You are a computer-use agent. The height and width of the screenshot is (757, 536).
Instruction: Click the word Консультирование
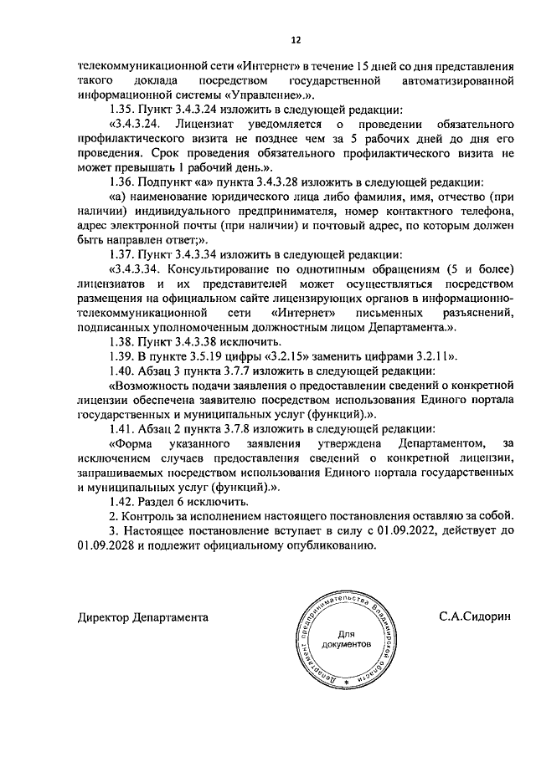pos(219,269)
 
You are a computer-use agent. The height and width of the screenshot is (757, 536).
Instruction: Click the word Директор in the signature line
pos(104,618)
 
